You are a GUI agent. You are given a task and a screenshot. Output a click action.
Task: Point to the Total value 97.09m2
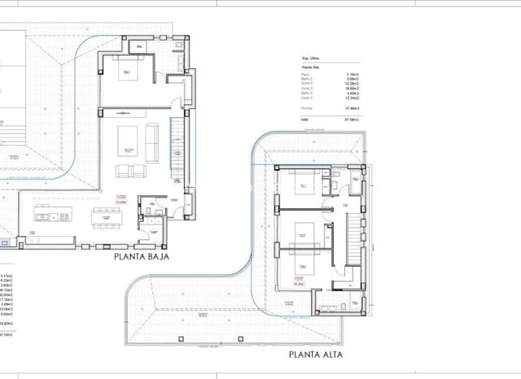[x=352, y=119]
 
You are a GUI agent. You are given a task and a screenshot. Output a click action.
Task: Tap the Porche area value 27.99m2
[x=352, y=107]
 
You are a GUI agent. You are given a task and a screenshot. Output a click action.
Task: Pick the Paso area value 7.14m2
[x=353, y=74]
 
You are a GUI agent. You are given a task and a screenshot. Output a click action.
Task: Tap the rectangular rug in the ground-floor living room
[x=128, y=139]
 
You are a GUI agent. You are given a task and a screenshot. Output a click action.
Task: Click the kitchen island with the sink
[x=51, y=215]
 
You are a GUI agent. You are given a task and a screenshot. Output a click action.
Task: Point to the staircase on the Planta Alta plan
[x=352, y=240]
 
